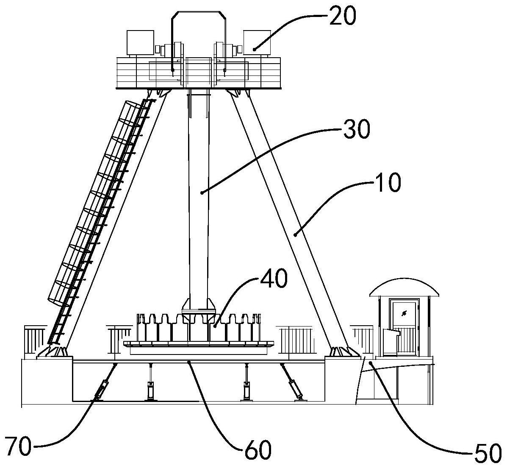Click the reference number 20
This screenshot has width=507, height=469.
click(x=342, y=16)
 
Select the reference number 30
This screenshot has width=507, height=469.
click(x=356, y=129)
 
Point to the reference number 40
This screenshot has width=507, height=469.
click(x=273, y=279)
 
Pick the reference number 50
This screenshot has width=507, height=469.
click(x=488, y=453)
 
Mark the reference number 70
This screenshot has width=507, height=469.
click(x=18, y=446)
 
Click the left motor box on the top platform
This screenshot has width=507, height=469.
click(x=140, y=42)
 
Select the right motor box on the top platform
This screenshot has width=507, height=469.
click(x=257, y=42)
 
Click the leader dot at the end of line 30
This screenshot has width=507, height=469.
click(x=202, y=193)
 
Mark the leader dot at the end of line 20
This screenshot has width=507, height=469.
click(x=255, y=49)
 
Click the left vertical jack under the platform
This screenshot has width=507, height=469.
click(x=150, y=382)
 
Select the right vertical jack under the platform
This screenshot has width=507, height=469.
click(x=247, y=382)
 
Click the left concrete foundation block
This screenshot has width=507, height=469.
click(x=47, y=381)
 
